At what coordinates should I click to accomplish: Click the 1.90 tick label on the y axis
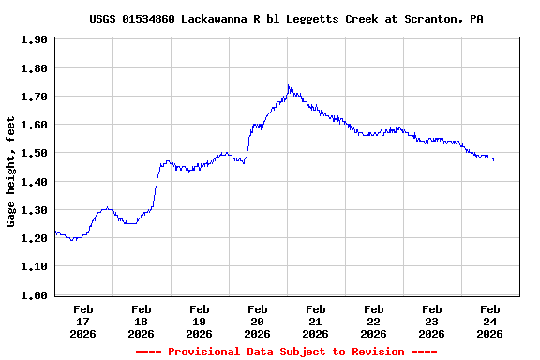point(33,39)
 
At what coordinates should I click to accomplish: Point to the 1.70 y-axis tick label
point(33,97)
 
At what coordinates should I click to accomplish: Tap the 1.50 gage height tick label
point(33,153)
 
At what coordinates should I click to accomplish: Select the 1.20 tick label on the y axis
point(33,238)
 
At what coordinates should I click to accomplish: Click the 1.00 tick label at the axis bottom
point(33,295)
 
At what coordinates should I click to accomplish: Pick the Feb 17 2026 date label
point(82,321)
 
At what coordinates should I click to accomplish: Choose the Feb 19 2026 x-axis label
point(199,321)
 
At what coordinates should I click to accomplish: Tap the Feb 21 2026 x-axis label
point(315,321)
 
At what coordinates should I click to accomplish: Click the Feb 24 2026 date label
point(489,321)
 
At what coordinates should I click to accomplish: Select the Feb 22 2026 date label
point(373,321)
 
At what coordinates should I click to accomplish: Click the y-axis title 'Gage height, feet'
point(11,172)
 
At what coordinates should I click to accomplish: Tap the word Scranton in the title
point(435,19)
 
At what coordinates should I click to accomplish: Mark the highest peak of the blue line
point(290,85)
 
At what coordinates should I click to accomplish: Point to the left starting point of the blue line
point(55,232)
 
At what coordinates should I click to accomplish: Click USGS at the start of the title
point(103,19)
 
